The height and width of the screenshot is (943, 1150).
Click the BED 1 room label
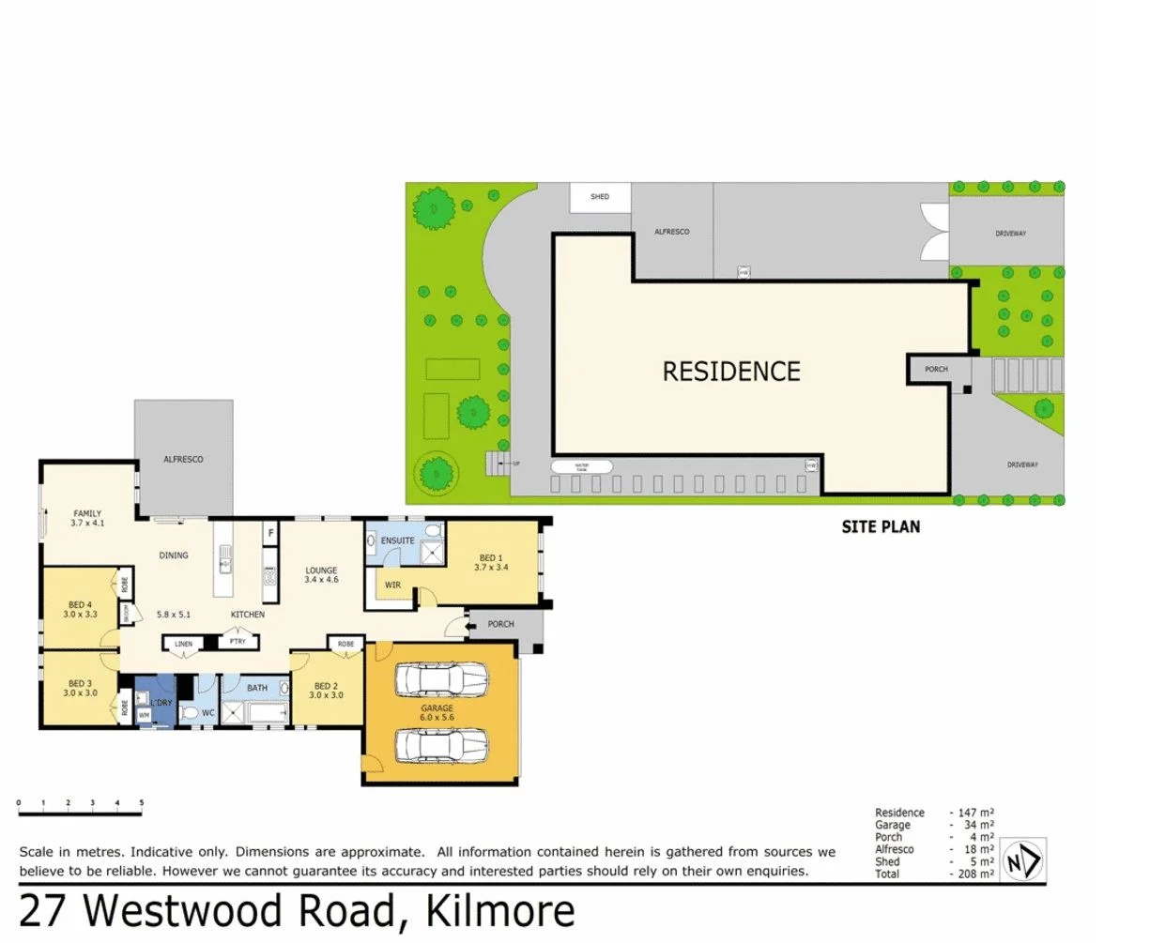coord(489,558)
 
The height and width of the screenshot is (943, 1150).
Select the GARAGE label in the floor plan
coord(437,708)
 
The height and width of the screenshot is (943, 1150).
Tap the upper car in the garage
coord(441,679)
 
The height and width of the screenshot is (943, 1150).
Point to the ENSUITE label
coord(397,540)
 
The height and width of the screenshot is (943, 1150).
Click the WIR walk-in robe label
coord(392,586)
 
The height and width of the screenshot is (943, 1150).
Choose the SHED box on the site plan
coord(600,197)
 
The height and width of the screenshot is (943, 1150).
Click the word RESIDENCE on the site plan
coord(731,372)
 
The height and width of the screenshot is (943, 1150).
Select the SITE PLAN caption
coord(881,526)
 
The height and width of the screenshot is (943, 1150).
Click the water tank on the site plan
coord(582,465)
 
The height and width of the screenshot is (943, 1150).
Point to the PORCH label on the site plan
coord(936,369)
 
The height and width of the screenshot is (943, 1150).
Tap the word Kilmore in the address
coord(499,911)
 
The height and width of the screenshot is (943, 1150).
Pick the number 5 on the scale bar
coord(142,802)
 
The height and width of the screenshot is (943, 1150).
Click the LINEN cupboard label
coord(184,644)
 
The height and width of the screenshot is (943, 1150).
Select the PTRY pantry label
coord(238,642)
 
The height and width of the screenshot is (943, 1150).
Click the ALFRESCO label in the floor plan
coord(183,459)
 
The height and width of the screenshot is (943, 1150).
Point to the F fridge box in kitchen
coord(271,533)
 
